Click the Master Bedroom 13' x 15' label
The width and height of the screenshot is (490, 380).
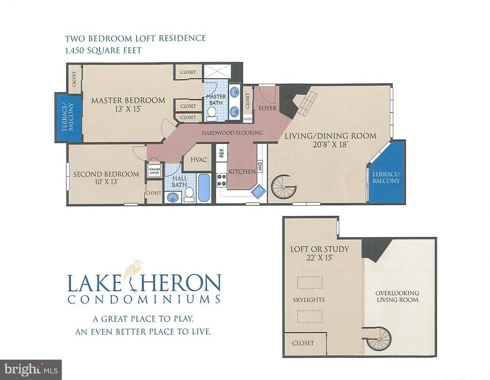click(x=128, y=105)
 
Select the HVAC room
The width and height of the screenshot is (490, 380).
click(x=198, y=160)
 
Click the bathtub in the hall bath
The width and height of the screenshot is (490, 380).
click(x=204, y=188)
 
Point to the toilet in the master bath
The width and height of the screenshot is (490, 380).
click(x=212, y=115)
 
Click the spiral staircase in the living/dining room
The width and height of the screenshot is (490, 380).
click(x=284, y=187)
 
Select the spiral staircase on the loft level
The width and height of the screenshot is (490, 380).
click(x=378, y=338)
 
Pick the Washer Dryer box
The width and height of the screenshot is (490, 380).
click(x=154, y=170)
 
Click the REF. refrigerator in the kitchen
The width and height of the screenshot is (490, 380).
click(x=221, y=153)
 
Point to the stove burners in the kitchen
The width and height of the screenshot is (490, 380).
click(x=222, y=180)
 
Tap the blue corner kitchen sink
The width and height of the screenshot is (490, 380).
click(x=258, y=191)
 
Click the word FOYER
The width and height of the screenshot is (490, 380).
click(x=267, y=108)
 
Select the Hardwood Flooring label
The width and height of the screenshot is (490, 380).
click(x=232, y=133)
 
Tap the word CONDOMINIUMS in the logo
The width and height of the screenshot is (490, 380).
click(x=144, y=299)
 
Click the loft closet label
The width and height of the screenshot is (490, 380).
click(x=303, y=343)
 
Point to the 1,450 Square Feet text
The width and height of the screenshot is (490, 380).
click(x=103, y=50)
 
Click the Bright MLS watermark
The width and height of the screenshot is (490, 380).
click(x=31, y=370)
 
